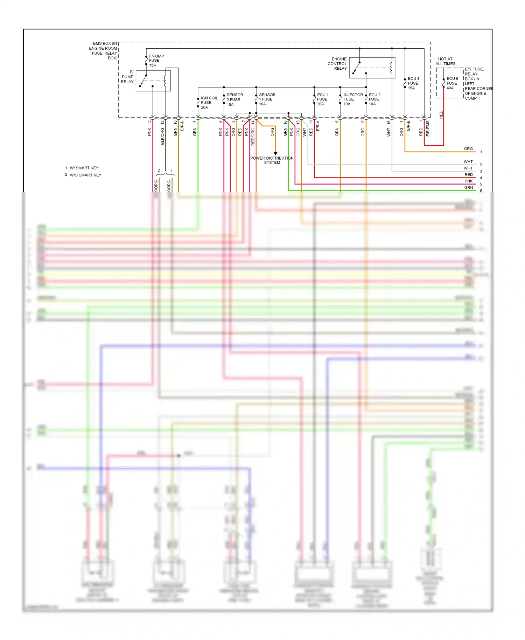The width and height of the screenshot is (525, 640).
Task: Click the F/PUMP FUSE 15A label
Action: point(156,61)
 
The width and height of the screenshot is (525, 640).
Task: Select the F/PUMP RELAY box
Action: point(153,81)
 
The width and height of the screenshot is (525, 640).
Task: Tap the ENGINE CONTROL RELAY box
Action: point(372,68)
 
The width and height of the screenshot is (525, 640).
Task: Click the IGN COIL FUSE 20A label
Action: point(209,103)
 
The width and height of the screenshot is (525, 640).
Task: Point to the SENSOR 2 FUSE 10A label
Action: point(234,100)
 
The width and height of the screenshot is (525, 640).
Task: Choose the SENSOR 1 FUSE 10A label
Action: point(267,99)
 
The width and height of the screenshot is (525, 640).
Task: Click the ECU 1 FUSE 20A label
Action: point(322,99)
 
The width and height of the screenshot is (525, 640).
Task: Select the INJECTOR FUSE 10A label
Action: point(353,99)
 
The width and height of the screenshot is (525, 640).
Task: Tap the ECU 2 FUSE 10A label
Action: point(374,99)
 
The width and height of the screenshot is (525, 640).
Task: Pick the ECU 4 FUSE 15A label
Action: point(413,83)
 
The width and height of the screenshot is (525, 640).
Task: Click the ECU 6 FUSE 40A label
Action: point(452,83)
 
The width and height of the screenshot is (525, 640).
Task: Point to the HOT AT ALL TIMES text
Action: point(445,61)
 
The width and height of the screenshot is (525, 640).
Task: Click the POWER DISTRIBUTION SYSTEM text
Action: point(272,160)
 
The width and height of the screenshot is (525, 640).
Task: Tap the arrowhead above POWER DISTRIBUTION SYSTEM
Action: point(275,153)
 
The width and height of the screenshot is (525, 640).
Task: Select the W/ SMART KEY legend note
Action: point(84,168)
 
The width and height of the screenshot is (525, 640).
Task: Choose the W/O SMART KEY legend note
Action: point(85,175)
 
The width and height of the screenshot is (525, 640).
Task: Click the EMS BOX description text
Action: point(104,51)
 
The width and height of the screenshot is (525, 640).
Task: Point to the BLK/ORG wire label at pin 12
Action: point(162,136)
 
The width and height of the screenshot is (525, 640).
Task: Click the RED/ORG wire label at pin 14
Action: point(253,137)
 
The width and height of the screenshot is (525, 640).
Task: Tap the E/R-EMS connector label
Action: point(428,128)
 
